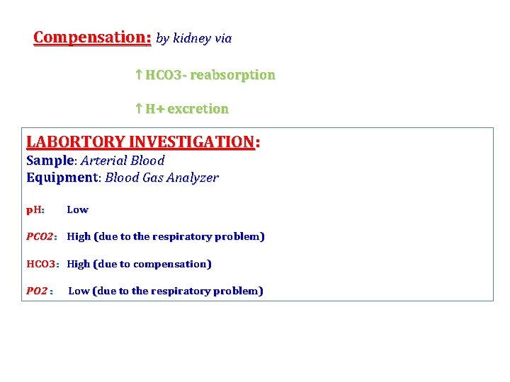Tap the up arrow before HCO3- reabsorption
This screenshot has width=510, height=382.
coord(139,75)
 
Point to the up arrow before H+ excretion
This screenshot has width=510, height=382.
coord(139,109)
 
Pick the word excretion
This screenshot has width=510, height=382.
coord(198,109)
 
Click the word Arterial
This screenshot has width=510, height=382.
coord(104,161)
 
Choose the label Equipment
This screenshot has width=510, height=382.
coord(61,178)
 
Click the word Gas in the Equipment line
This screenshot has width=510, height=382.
coord(152,178)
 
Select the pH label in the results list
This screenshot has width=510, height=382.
coord(35,209)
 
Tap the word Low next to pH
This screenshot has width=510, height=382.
coord(77,209)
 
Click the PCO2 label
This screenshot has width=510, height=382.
coord(40,236)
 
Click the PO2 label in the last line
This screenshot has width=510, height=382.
coord(38,291)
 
